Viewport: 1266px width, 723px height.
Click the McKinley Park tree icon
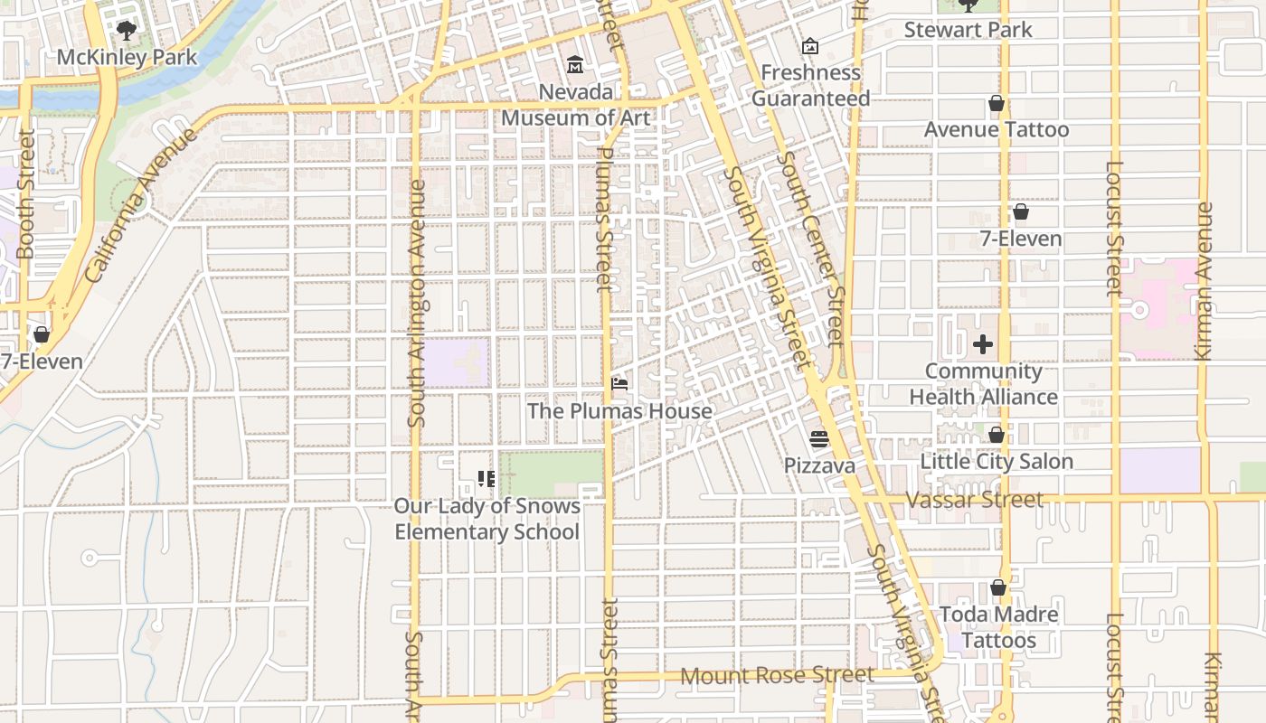click(x=127, y=30)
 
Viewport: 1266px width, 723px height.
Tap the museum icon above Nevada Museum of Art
click(x=575, y=64)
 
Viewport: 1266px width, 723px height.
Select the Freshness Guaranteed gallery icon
click(x=810, y=45)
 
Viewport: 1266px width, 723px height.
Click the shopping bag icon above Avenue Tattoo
click(x=996, y=103)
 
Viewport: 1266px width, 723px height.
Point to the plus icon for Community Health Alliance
click(x=983, y=344)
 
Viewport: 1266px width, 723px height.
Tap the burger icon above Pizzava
click(x=819, y=439)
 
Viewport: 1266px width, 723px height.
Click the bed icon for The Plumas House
click(x=619, y=384)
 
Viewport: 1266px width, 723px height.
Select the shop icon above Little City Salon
click(x=996, y=435)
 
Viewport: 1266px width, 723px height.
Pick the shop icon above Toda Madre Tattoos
click(x=998, y=588)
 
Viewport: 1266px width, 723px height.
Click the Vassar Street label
click(x=974, y=500)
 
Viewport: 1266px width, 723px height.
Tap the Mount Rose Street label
click(x=777, y=675)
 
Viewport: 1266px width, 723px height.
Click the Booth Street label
click(x=25, y=194)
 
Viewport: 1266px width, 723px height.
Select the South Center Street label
click(x=810, y=249)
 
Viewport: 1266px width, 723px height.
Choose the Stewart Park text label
click(x=968, y=30)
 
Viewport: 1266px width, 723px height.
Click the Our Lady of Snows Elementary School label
click(x=487, y=519)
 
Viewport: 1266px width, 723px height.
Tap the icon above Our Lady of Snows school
click(x=487, y=479)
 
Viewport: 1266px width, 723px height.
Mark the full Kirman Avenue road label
click(x=1204, y=282)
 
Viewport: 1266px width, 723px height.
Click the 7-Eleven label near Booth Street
click(x=42, y=361)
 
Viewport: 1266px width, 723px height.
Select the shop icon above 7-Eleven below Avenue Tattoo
click(x=1020, y=211)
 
